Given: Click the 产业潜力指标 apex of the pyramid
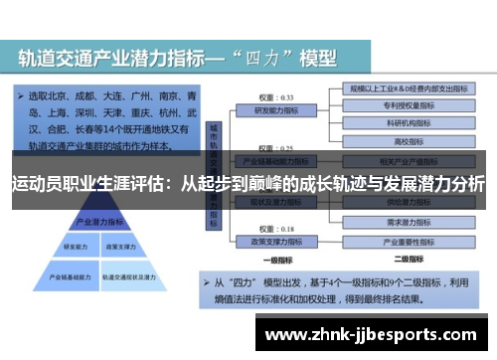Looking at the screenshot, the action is coord(91,222).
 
